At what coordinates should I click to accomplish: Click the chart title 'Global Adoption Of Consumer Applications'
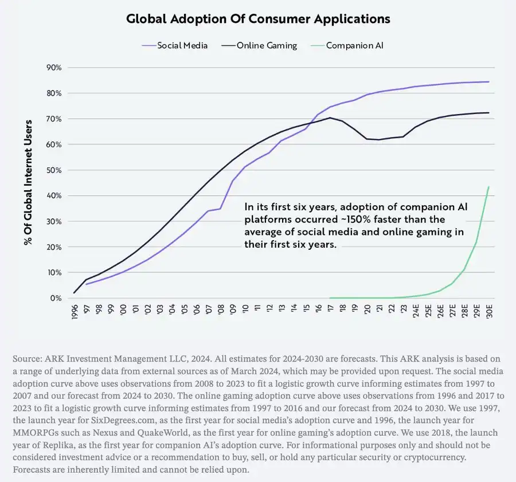click(x=258, y=19)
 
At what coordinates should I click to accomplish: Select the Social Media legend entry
click(x=182, y=45)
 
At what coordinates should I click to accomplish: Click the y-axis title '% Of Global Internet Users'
click(x=28, y=181)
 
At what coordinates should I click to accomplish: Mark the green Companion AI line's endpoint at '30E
click(x=488, y=187)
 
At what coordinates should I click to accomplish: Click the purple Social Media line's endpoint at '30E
click(x=488, y=82)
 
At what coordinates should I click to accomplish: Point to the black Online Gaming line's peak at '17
click(x=330, y=117)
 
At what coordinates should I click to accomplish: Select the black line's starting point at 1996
click(x=75, y=293)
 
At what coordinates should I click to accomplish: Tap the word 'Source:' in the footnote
click(x=28, y=359)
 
